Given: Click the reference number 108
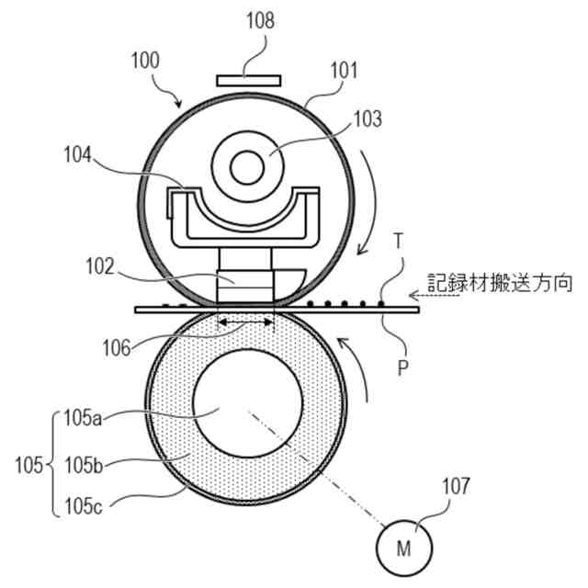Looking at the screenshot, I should click(260, 21).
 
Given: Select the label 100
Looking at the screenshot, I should click(143, 62).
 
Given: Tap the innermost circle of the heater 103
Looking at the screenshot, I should click(246, 167).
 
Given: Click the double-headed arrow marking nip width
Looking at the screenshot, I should click(245, 322).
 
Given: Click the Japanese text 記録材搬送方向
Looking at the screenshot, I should click(500, 283).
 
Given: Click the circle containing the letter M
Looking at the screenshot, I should click(402, 548).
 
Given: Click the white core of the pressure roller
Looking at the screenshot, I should click(245, 404).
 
